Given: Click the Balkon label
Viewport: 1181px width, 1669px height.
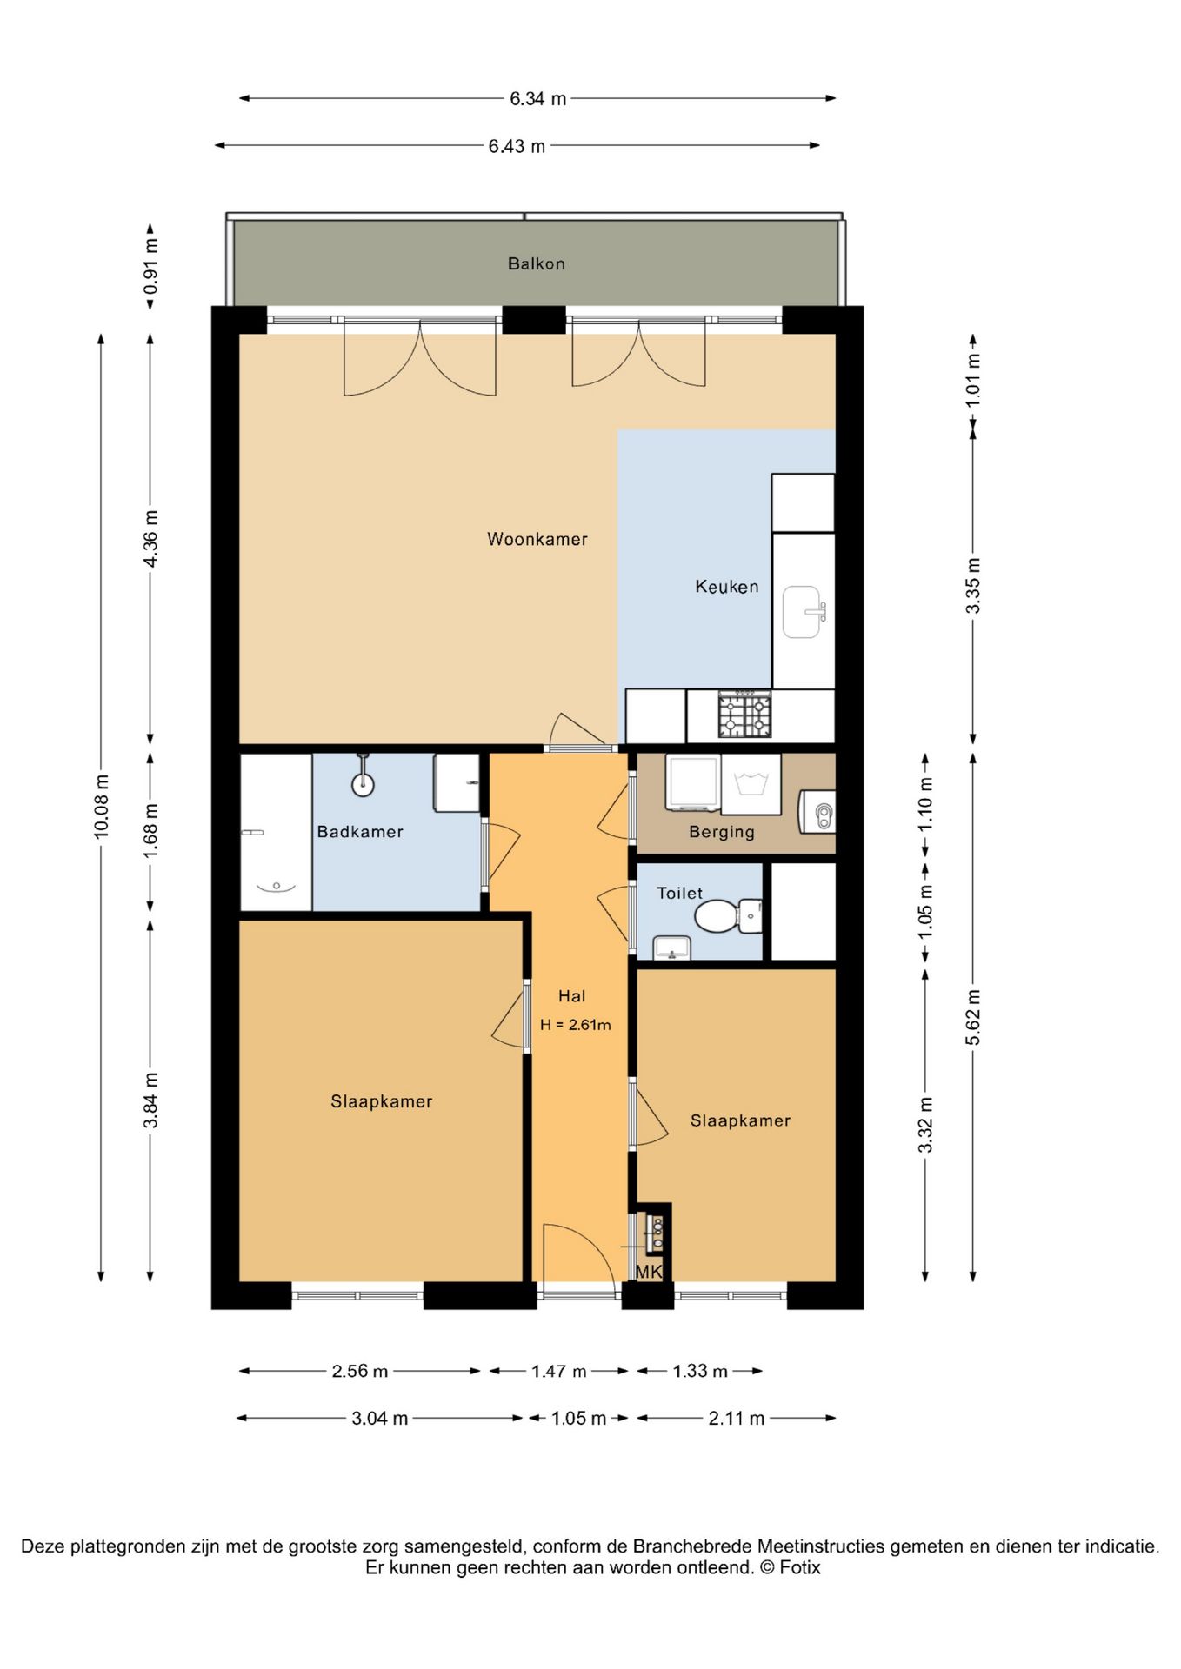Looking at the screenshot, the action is point(537,263).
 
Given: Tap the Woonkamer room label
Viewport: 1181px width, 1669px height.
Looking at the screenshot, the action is point(537,539).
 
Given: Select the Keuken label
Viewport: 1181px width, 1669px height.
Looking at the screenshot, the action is point(727,587).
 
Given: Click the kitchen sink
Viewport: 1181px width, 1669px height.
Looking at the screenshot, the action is point(804,612).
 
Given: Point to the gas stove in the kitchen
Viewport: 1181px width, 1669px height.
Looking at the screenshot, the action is point(744,715).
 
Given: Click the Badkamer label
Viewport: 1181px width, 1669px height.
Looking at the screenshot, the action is point(360,832).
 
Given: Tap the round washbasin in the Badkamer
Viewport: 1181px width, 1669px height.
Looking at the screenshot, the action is point(363,782).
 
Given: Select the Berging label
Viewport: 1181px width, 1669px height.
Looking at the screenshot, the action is point(722,832).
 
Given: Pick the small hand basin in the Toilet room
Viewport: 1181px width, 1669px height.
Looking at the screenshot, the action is point(671,948).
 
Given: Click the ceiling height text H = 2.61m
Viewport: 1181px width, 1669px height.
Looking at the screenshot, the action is point(576,1025).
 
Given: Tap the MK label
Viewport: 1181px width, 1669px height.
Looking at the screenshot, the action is point(649,1273).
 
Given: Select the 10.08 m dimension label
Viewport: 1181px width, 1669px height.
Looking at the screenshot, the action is point(102,806).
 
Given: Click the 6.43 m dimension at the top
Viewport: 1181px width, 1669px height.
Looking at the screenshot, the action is point(517,146).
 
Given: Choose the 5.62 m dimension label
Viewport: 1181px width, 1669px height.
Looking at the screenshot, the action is point(973,1018).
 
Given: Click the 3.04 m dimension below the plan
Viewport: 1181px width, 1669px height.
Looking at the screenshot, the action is point(379,1419).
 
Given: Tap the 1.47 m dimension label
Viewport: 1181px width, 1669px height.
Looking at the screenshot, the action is point(559,1372).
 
